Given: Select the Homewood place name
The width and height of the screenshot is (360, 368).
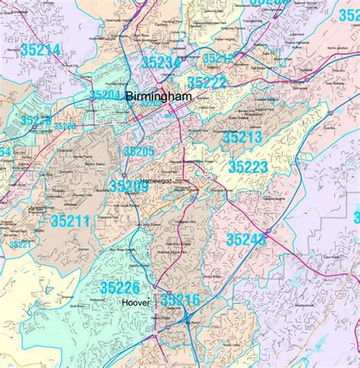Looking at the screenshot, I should (x=157, y=171).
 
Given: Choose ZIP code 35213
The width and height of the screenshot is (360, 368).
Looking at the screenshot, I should (x=242, y=137).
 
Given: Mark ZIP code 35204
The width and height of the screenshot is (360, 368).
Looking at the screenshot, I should (x=106, y=95).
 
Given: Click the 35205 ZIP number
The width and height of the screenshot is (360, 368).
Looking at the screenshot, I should (x=139, y=152).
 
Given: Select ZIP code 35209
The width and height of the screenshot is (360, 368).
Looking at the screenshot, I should (x=129, y=186).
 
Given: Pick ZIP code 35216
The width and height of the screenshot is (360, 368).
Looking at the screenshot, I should (x=180, y=300).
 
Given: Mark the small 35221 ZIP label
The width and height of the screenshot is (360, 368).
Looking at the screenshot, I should (x=21, y=244).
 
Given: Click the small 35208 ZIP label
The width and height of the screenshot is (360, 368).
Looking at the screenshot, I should (x=65, y=126).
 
